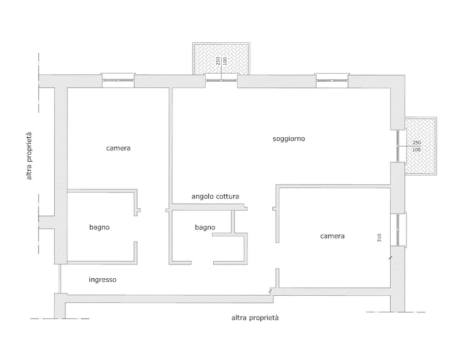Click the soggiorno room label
point(289,139)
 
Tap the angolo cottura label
point(215,196)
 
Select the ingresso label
point(103,279)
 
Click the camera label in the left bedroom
point(118,149)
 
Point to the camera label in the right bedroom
point(332,236)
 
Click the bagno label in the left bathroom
point(99,227)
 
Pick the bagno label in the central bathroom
point(205,227)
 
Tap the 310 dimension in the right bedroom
point(379,237)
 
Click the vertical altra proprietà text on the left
point(29,155)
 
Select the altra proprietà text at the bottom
point(255,318)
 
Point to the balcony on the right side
point(421,145)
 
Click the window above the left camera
point(118,80)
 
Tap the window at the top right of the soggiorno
point(332,80)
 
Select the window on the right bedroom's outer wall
point(398,230)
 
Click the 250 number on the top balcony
point(218,60)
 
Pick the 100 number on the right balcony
point(417,150)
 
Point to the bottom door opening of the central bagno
point(202,263)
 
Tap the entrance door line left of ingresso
point(60,279)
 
